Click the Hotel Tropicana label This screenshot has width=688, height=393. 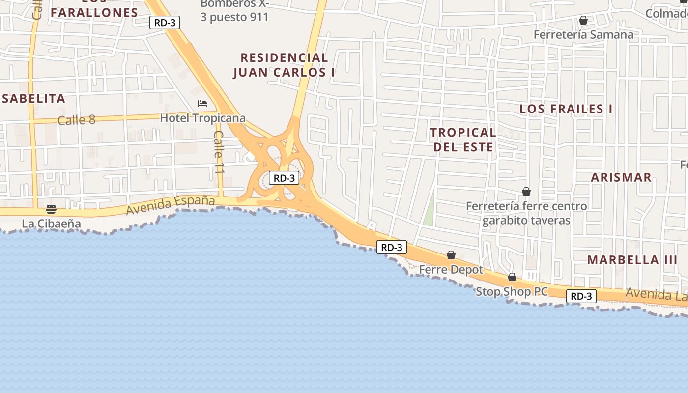pyautogui.click(x=202, y=118)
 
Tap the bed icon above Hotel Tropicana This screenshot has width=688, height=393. pyautogui.click(x=202, y=104)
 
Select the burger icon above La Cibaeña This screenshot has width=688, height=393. pyautogui.click(x=51, y=209)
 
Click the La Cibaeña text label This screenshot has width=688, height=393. pyautogui.click(x=51, y=224)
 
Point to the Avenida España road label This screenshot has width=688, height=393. pyautogui.click(x=171, y=204)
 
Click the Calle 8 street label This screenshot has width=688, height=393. pyautogui.click(x=76, y=120)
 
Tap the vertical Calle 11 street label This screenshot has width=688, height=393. pyautogui.click(x=219, y=152)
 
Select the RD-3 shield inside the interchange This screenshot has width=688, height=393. pyautogui.click(x=284, y=178)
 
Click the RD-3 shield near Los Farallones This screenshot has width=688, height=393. pyautogui.click(x=165, y=22)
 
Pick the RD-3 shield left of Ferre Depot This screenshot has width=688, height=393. pyautogui.click(x=392, y=247)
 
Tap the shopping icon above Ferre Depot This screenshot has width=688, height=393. pyautogui.click(x=451, y=255)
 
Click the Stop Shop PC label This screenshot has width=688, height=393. pyautogui.click(x=512, y=291)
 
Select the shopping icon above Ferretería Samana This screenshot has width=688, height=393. pyautogui.click(x=583, y=20)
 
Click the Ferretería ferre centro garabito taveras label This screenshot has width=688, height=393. pyautogui.click(x=526, y=213)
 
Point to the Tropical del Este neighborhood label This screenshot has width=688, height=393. pyautogui.click(x=463, y=140)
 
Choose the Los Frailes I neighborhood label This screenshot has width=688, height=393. pyautogui.click(x=566, y=109)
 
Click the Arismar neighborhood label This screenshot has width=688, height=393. pyautogui.click(x=621, y=177)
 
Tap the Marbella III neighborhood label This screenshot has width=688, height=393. pyautogui.click(x=632, y=260)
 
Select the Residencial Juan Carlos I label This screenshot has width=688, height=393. pyautogui.click(x=284, y=65)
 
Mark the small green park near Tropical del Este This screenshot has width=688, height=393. pyautogui.click(x=429, y=211)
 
